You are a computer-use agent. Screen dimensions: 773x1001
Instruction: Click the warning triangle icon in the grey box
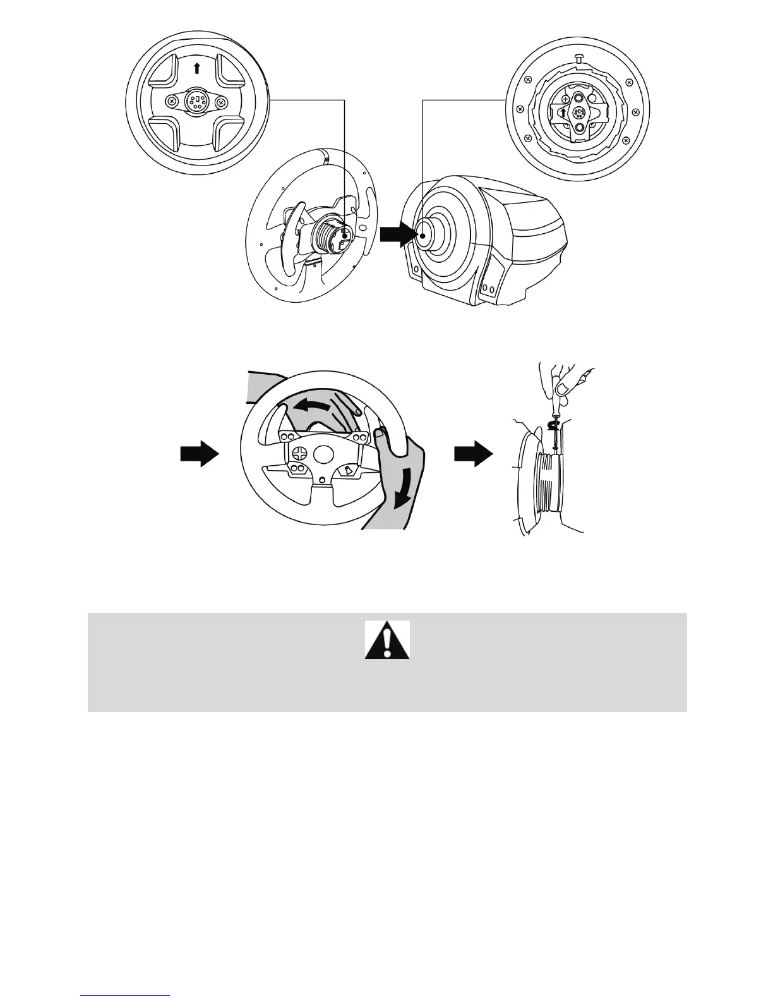(x=387, y=640)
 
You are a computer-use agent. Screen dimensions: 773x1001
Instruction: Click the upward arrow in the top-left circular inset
(x=196, y=68)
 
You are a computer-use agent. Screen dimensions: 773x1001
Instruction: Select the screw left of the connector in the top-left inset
(x=171, y=101)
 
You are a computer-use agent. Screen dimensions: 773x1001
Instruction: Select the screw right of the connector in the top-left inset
(x=221, y=101)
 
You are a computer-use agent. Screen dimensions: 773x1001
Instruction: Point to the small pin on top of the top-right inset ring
(x=578, y=58)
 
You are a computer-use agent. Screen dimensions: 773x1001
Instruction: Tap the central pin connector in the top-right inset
(x=578, y=112)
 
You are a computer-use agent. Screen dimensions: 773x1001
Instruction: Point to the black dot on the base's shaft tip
(x=422, y=235)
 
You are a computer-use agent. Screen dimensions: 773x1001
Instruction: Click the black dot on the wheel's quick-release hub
(x=344, y=234)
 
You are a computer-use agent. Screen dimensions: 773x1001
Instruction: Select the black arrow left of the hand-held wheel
(x=200, y=454)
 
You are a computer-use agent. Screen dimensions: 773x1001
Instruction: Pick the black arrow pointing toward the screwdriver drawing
(x=474, y=454)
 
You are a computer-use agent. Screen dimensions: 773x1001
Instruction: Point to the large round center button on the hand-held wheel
(x=325, y=454)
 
